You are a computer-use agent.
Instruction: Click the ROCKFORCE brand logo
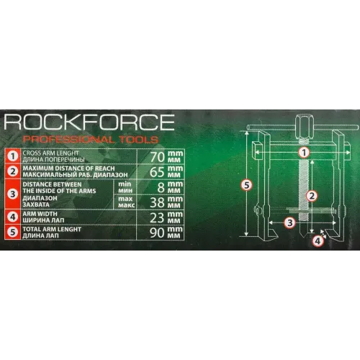click(x=89, y=122)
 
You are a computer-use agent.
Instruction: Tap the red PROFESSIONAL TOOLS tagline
click(x=91, y=140)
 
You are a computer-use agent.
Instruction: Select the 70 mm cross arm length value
click(x=167, y=156)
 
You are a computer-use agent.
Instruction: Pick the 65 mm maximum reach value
click(x=166, y=171)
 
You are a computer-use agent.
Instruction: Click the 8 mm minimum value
click(x=170, y=187)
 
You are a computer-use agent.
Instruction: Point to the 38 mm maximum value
click(x=166, y=202)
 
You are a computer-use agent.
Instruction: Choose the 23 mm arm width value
click(x=166, y=217)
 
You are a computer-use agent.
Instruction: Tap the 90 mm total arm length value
click(x=166, y=233)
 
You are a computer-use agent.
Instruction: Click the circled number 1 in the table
click(x=12, y=156)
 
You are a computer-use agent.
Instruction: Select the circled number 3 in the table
click(x=12, y=194)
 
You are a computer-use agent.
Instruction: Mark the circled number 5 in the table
click(x=12, y=232)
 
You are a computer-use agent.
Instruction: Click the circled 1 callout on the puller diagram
click(x=304, y=153)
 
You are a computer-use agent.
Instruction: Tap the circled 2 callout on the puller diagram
click(x=312, y=196)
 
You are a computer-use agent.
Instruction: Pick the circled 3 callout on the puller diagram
click(x=290, y=222)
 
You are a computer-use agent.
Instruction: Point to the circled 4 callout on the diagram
click(x=318, y=240)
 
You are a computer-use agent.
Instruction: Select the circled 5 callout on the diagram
click(x=247, y=185)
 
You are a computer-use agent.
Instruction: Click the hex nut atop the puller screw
click(x=303, y=127)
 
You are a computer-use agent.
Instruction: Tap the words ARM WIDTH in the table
click(x=40, y=214)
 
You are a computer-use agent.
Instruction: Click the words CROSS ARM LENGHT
click(x=50, y=153)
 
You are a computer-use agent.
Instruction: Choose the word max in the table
click(x=125, y=199)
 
